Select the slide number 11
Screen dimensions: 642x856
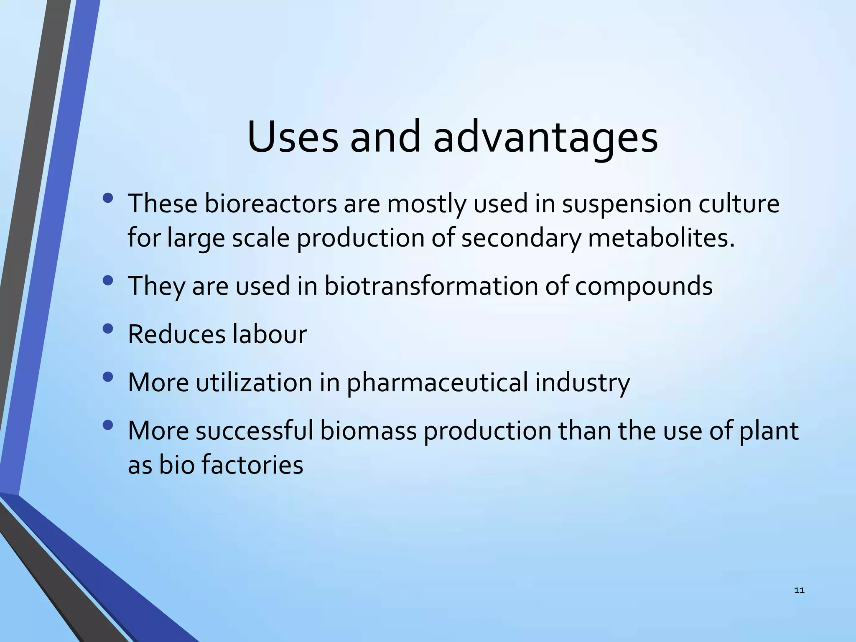pyautogui.click(x=799, y=591)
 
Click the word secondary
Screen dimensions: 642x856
pyautogui.click(x=521, y=238)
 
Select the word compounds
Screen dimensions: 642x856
pyautogui.click(x=643, y=286)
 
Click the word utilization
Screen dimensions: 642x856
pyautogui.click(x=254, y=382)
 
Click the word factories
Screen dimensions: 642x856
pyautogui.click(x=252, y=465)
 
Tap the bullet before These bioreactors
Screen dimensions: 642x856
pyautogui.click(x=107, y=198)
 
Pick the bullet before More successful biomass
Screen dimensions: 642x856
pyautogui.click(x=107, y=425)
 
